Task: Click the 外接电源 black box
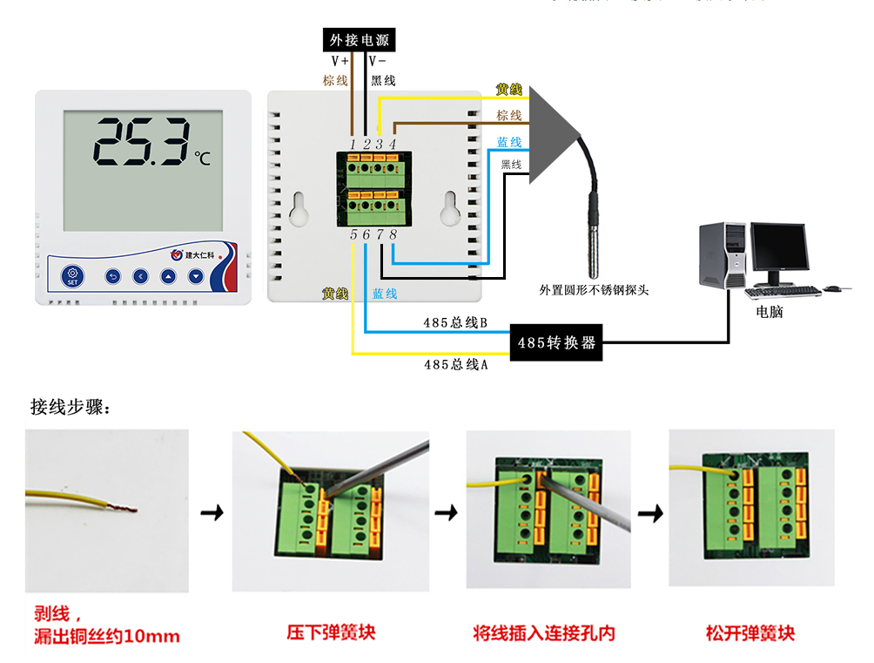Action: (359, 39)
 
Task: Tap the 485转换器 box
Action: (556, 342)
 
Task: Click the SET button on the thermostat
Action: (72, 276)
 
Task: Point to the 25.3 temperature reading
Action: (141, 143)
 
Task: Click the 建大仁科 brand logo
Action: (201, 255)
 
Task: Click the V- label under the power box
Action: (378, 62)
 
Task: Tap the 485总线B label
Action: (454, 323)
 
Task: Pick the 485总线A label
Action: (455, 365)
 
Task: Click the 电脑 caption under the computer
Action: (769, 311)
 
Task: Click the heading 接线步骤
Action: (71, 406)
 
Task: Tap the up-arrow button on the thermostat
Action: (168, 277)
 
